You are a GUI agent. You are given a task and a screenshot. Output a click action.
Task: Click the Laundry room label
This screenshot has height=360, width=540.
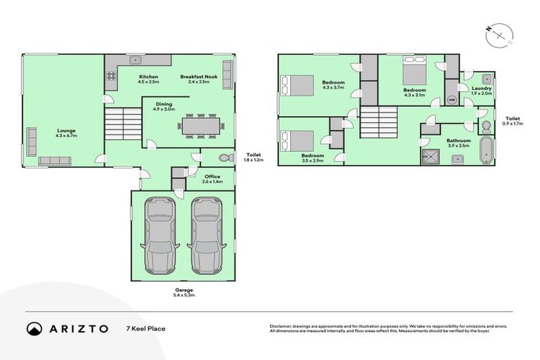click(482, 90)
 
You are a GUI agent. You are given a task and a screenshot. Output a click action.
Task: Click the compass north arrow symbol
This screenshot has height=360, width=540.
click(499, 34)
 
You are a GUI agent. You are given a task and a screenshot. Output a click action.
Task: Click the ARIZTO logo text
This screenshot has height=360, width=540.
click(78, 328)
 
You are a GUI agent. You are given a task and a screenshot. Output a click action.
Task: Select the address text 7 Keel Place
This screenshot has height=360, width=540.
click(146, 328)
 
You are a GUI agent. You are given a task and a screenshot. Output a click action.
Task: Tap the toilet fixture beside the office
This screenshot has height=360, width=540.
click(224, 157)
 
